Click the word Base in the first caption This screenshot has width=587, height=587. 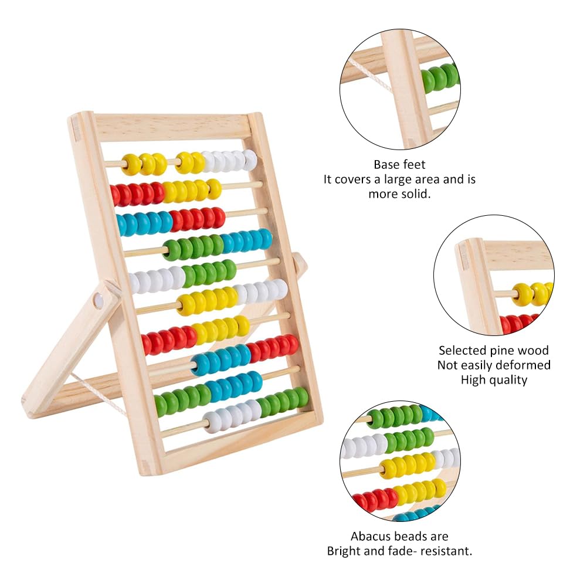pyautogui.click(x=386, y=165)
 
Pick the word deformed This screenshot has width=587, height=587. pyautogui.click(x=524, y=365)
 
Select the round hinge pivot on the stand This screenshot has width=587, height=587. pyautogui.click(x=99, y=301)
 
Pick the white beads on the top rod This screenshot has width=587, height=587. pyautogui.click(x=229, y=160)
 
